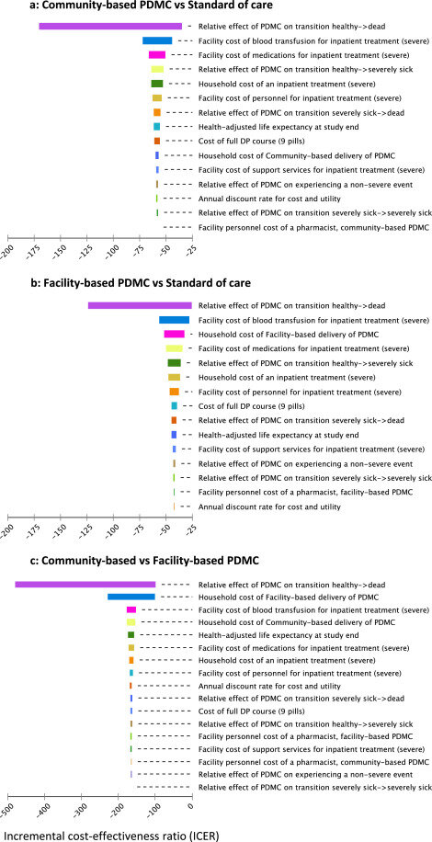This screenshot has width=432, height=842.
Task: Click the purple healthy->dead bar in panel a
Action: [110, 27]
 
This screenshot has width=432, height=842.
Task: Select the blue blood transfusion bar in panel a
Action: [157, 40]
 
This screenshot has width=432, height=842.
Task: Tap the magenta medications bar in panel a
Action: [157, 55]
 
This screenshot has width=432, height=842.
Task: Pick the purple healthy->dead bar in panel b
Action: [140, 305]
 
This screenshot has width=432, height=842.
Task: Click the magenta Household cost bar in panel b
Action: [174, 334]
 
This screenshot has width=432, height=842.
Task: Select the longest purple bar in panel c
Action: [85, 585]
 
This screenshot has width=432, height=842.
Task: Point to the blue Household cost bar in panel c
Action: [131, 597]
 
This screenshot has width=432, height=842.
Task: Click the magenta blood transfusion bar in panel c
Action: [131, 609]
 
